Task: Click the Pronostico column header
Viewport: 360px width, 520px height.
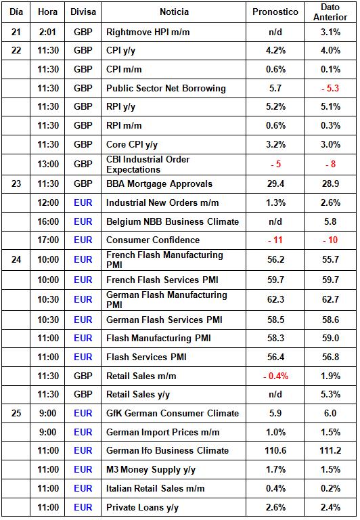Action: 275,12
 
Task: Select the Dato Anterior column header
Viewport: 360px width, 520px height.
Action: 330,12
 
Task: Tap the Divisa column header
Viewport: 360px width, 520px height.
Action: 83,12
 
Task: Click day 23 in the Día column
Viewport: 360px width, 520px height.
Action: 16,183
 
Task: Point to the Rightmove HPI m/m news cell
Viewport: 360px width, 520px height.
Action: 148,32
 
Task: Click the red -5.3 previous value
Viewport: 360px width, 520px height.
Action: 330,88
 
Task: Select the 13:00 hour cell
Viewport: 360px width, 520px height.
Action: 48,164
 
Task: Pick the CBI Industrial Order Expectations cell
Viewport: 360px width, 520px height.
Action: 148,165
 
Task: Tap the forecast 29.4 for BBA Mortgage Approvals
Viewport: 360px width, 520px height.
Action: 275,183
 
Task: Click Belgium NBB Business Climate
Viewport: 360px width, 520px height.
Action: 173,221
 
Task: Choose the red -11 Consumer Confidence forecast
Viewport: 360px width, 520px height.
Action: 275,240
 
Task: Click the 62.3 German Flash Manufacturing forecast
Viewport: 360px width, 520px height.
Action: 275,299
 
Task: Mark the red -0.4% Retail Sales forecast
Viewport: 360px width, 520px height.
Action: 275,376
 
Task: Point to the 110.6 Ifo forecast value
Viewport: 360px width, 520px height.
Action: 275,451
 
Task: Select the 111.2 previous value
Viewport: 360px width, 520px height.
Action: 330,451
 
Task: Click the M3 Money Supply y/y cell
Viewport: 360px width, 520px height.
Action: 151,470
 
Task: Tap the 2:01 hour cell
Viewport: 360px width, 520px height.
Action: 47,32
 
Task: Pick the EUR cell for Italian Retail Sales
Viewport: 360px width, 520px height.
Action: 83,488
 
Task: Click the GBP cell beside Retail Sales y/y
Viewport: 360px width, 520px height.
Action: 83,394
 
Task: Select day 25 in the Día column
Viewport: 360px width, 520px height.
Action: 16,413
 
